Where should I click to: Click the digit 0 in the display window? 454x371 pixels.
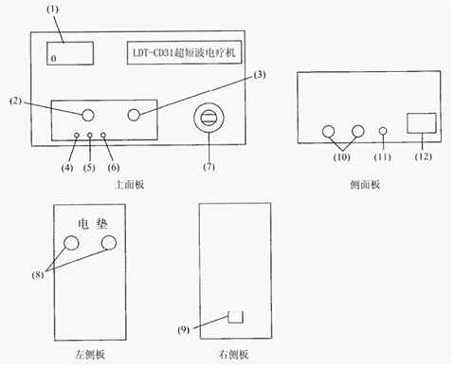(54, 59)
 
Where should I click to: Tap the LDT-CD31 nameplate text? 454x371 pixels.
(185, 56)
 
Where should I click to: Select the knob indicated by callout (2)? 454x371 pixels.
(88, 115)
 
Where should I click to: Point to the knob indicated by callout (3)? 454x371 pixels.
(135, 115)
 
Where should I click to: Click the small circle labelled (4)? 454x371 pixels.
(77, 137)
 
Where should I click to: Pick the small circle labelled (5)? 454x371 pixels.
(90, 137)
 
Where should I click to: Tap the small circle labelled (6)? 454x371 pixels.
(103, 137)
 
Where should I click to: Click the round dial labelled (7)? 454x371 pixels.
(209, 119)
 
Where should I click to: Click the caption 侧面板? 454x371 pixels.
(365, 185)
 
